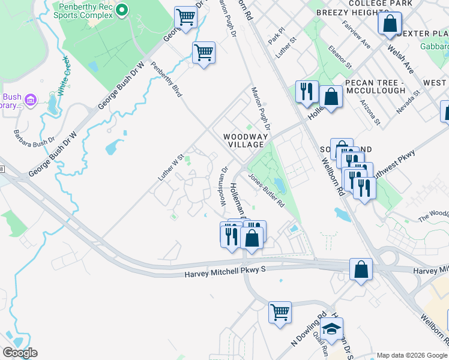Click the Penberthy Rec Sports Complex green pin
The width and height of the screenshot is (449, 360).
pyautogui.click(x=122, y=10)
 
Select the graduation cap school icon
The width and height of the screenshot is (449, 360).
pyautogui.click(x=331, y=329)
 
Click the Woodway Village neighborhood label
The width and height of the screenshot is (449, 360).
pyautogui.click(x=244, y=140)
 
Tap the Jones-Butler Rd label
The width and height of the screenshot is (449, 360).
pyautogui.click(x=266, y=191)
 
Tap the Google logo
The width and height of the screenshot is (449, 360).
pyautogui.click(x=19, y=352)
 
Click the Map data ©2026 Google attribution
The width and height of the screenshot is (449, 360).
pyautogui.click(x=411, y=355)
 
